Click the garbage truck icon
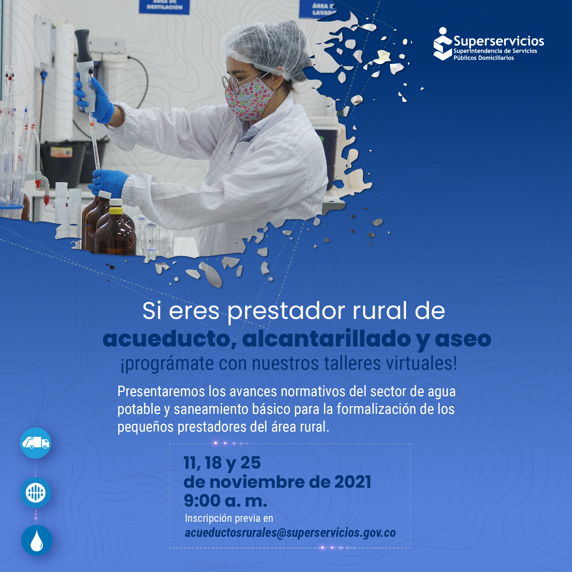(x=35, y=443)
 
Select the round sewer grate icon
(x=35, y=493)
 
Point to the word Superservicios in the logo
(x=499, y=41)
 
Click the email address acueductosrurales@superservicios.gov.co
(x=290, y=533)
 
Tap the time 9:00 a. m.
(x=225, y=501)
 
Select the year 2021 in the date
(x=353, y=482)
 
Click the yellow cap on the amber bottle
(x=116, y=210)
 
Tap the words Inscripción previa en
(x=229, y=518)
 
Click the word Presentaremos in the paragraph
(x=161, y=391)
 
